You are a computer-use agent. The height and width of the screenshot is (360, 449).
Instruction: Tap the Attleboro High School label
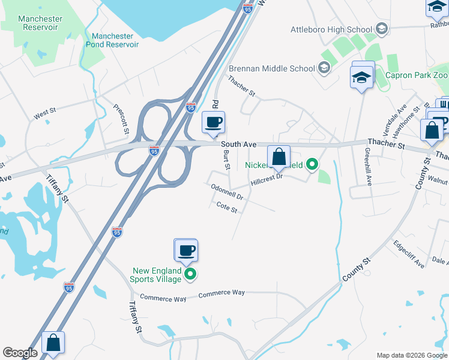(x=331, y=29)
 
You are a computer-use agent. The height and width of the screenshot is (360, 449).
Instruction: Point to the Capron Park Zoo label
(x=416, y=76)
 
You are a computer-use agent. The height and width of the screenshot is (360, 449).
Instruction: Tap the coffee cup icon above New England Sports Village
(x=186, y=250)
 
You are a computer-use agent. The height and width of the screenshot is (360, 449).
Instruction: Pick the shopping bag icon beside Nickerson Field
(x=279, y=157)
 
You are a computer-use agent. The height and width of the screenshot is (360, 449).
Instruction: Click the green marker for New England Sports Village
(x=190, y=275)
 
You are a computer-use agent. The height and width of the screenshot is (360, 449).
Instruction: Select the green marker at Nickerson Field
(x=312, y=163)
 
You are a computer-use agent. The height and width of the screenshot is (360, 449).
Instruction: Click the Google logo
(x=20, y=353)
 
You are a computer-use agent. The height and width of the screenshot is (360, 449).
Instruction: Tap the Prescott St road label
(x=121, y=118)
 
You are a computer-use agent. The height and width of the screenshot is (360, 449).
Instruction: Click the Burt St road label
(x=226, y=160)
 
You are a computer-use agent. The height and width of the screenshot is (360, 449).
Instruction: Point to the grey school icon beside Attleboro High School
(x=381, y=29)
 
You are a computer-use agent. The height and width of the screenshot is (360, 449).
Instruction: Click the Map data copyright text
(x=411, y=355)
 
